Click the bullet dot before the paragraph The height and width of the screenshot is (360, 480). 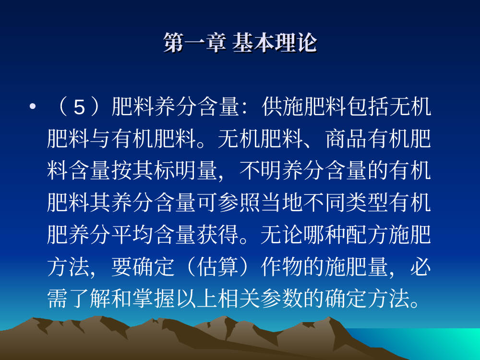point(33,107)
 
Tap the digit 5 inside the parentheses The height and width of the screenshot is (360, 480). point(79,108)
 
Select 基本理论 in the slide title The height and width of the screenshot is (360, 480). point(275,43)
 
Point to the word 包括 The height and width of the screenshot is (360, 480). point(367,107)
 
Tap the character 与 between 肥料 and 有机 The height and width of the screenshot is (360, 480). point(100,139)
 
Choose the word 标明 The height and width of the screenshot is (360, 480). point(175,170)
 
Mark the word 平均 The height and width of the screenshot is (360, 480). point(132,235)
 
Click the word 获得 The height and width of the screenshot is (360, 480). point(218,235)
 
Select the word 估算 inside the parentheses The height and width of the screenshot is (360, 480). point(218,266)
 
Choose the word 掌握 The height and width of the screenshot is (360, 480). point(154,299)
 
